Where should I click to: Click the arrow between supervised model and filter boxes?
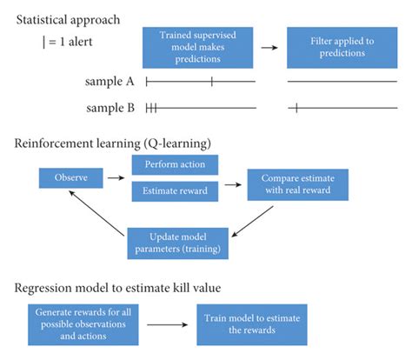click(x=270, y=47)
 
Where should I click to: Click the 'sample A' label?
click(x=110, y=83)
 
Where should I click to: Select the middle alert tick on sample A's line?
click(x=211, y=82)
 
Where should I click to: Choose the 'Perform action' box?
click(x=174, y=164)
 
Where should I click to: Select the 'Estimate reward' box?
click(x=174, y=190)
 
